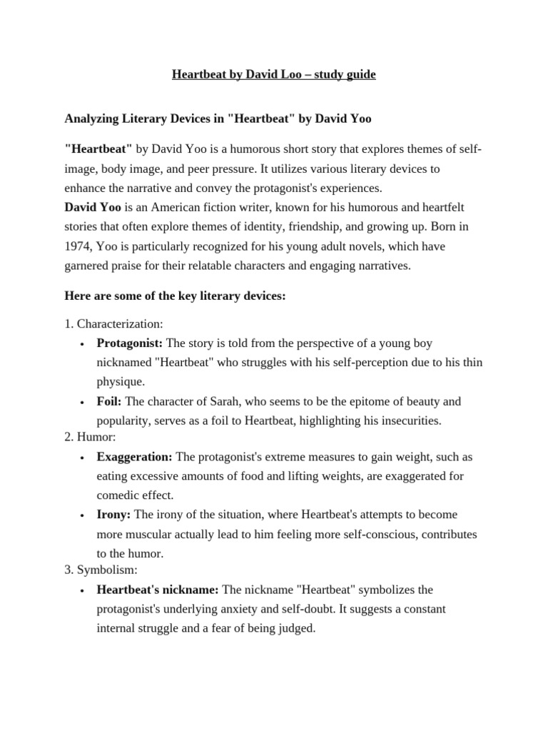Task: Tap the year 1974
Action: (78, 246)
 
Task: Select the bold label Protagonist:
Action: (130, 343)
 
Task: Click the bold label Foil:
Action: (109, 402)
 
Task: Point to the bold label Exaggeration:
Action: (135, 456)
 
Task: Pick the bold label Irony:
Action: (114, 515)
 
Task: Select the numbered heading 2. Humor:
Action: (90, 437)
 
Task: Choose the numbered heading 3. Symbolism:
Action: (101, 570)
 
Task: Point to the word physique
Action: (121, 382)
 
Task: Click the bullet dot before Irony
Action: (83, 515)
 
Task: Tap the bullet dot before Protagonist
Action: (83, 344)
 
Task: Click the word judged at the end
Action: (297, 630)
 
